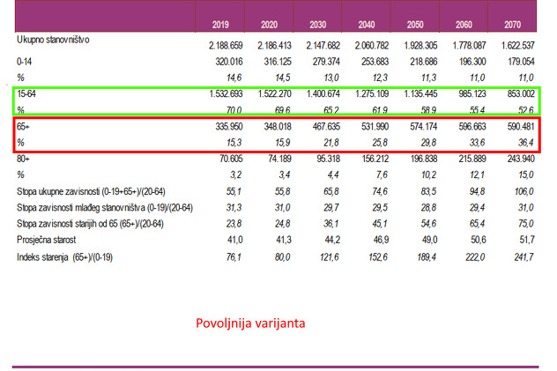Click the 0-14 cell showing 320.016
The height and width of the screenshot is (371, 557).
point(226,62)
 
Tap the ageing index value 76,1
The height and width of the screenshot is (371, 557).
point(233,256)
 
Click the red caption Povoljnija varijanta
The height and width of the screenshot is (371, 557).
point(250,323)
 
